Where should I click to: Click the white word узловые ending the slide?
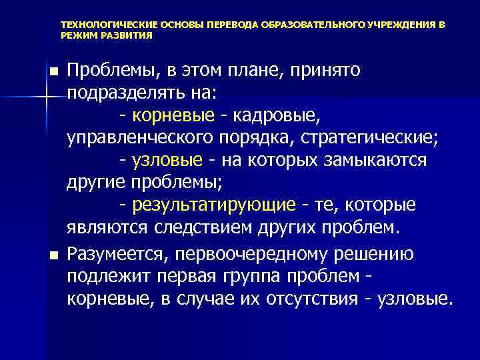(412, 299)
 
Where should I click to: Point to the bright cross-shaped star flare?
(46, 97)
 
